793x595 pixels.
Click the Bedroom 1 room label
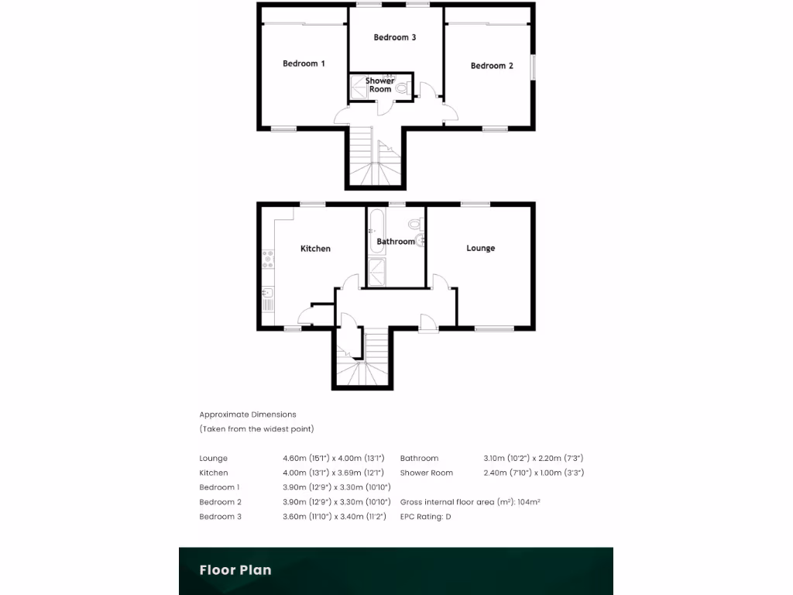click(x=304, y=64)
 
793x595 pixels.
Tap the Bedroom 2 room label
click(x=492, y=66)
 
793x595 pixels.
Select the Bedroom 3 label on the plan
click(x=395, y=37)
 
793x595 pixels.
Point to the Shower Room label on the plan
click(x=380, y=84)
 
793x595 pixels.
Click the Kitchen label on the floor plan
click(x=315, y=249)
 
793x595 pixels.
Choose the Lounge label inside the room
click(x=480, y=248)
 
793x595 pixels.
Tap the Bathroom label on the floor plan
click(x=396, y=242)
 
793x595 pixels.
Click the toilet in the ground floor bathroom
click(x=414, y=225)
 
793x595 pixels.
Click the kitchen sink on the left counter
click(x=267, y=293)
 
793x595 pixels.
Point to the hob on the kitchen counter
click(x=269, y=258)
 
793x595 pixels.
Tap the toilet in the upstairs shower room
click(x=401, y=89)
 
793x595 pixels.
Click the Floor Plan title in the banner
click(x=235, y=570)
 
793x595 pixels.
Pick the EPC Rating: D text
click(x=425, y=516)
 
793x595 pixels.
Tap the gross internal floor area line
click(x=470, y=502)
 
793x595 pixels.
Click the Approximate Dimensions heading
click(x=248, y=414)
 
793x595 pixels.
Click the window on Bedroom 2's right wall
click(x=533, y=66)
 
